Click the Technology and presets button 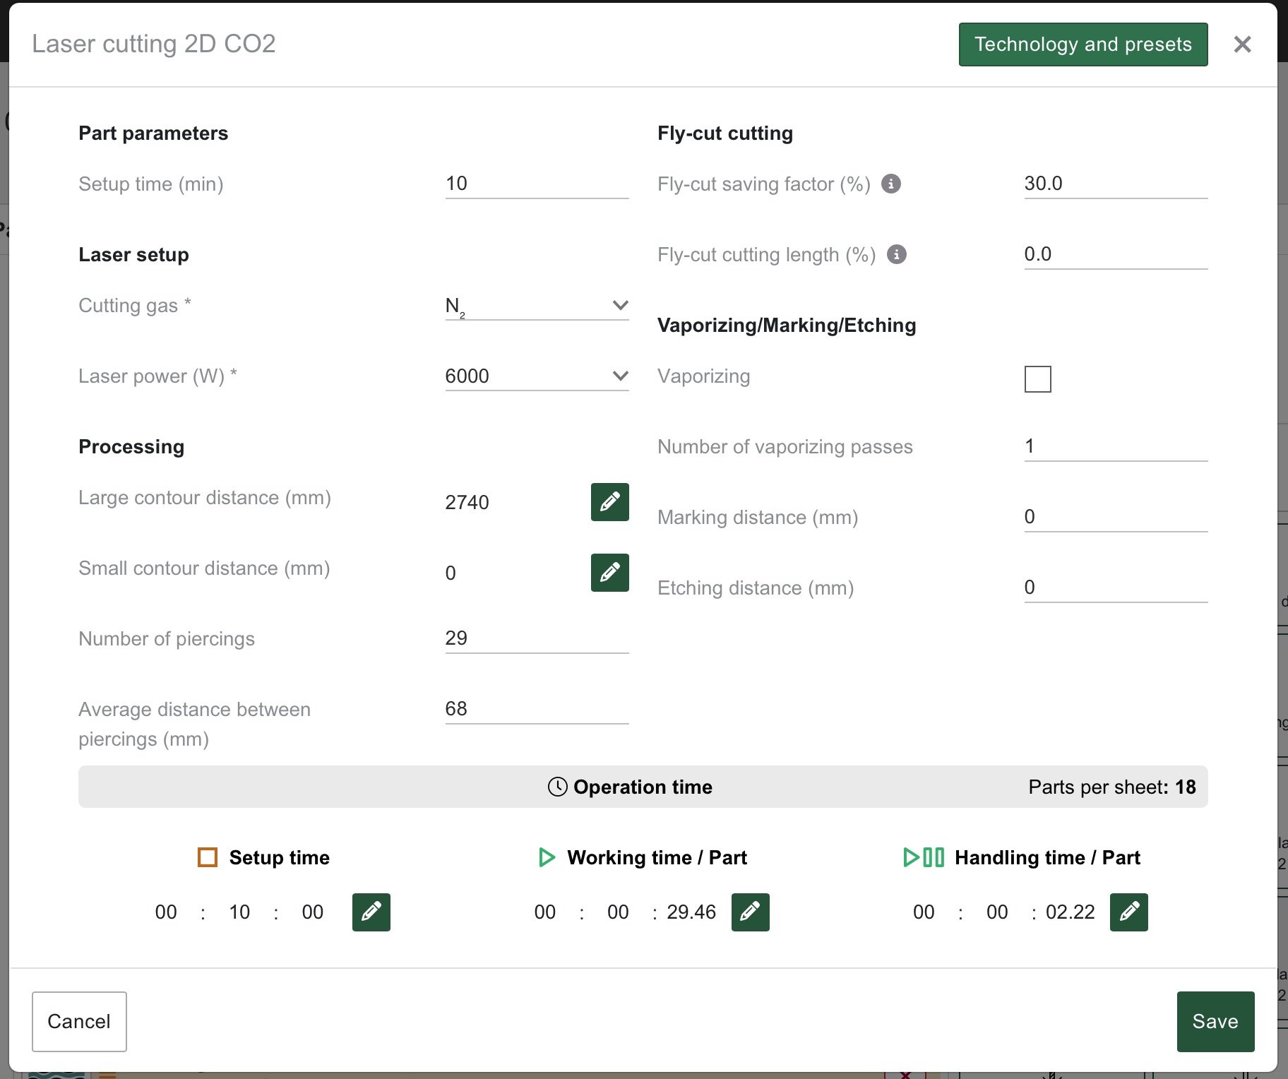point(1083,44)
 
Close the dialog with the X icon point(1242,44)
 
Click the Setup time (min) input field point(537,184)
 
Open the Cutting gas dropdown point(537,306)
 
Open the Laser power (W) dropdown point(537,376)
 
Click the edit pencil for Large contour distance point(609,502)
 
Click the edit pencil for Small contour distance point(609,573)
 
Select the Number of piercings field point(537,639)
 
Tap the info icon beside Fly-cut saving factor point(891,184)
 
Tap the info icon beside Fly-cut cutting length point(897,255)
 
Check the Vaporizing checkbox point(1038,379)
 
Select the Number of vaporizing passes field point(1116,447)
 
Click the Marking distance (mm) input point(1116,518)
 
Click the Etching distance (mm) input point(1116,588)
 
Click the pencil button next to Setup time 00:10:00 point(371,912)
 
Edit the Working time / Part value point(750,912)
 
